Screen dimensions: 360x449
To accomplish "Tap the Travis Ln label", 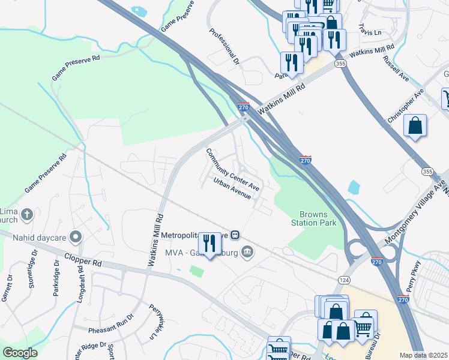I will tap(370, 29).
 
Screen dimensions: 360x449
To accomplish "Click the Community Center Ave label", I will tap(233, 170).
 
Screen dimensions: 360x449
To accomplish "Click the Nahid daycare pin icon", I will tap(75, 236).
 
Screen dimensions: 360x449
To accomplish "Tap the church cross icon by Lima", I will tap(26, 214).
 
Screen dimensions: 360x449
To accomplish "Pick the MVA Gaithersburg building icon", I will tap(246, 251).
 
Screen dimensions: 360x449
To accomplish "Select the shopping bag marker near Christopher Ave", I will tap(415, 125).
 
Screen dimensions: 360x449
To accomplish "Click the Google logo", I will tap(20, 352).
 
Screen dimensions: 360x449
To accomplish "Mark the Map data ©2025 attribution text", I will tap(423, 355).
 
